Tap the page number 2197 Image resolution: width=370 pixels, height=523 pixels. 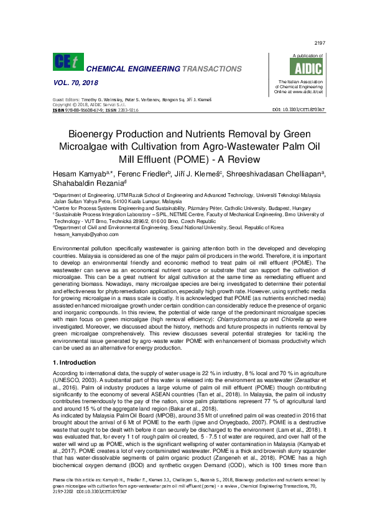(x=321, y=43)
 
